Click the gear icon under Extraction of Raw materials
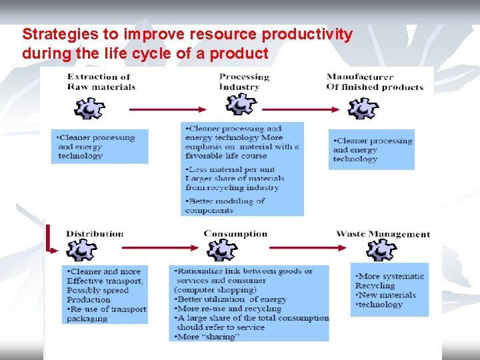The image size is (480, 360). (x=88, y=108)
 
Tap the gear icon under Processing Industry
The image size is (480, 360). (x=241, y=105)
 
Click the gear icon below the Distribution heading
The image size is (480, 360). (x=81, y=251)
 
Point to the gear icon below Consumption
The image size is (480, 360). (x=220, y=250)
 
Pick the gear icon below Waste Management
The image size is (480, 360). (x=382, y=250)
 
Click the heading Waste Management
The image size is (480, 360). (x=383, y=234)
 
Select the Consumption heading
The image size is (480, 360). (x=235, y=234)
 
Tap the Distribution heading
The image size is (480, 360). (x=95, y=234)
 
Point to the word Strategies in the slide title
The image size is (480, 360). (x=53, y=34)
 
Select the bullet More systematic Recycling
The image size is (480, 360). (x=390, y=281)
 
